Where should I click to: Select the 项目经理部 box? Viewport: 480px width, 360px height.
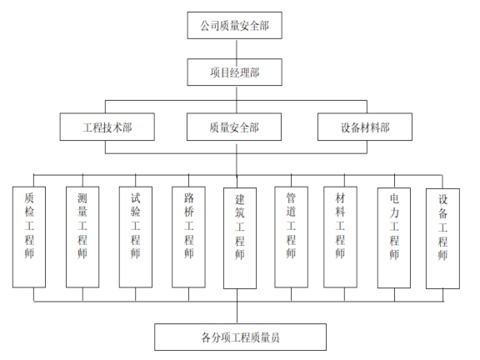(x=234, y=72)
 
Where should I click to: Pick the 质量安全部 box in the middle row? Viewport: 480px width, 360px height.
(x=234, y=127)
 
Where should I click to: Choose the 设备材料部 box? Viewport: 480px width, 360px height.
(x=365, y=127)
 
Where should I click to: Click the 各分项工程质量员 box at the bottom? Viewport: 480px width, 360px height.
(x=239, y=337)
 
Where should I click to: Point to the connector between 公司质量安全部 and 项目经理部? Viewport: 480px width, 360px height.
(x=234, y=49)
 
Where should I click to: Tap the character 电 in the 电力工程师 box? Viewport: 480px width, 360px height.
(x=393, y=200)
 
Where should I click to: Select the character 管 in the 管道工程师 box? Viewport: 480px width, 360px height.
(x=291, y=200)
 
